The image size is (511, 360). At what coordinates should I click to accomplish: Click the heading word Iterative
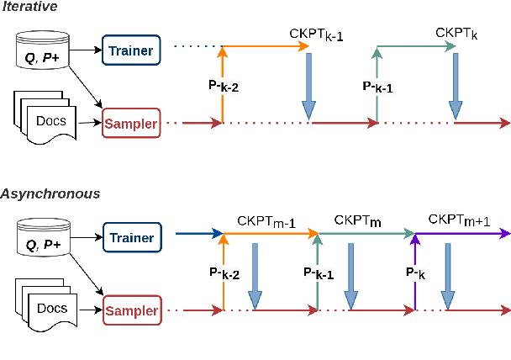tap(29, 8)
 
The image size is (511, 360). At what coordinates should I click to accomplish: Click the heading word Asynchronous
tap(50, 193)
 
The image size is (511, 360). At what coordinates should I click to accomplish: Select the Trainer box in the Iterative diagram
tap(130, 50)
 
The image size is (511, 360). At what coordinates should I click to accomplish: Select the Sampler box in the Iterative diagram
tap(130, 124)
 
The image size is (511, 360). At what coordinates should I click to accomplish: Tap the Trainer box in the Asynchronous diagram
tap(130, 238)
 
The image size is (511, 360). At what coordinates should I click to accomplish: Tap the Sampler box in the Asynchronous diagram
tap(130, 311)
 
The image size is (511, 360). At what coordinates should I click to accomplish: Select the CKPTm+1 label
tap(458, 221)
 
